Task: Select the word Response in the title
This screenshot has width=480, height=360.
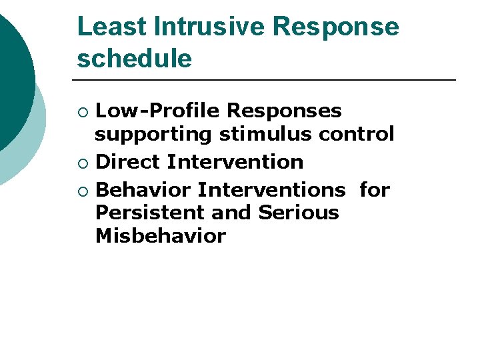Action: pos(336,27)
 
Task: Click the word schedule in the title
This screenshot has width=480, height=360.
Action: pos(135,59)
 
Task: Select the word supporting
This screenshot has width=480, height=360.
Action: pos(153,134)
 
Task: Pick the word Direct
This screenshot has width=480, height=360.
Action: pos(129,162)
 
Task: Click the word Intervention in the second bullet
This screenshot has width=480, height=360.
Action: pos(235,162)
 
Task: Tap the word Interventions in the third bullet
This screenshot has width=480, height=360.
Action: pos(272,190)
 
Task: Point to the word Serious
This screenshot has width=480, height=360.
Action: pos(299,213)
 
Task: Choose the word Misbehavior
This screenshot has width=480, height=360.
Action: pos(161,237)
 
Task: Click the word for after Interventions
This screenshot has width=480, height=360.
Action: pos(374,190)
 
